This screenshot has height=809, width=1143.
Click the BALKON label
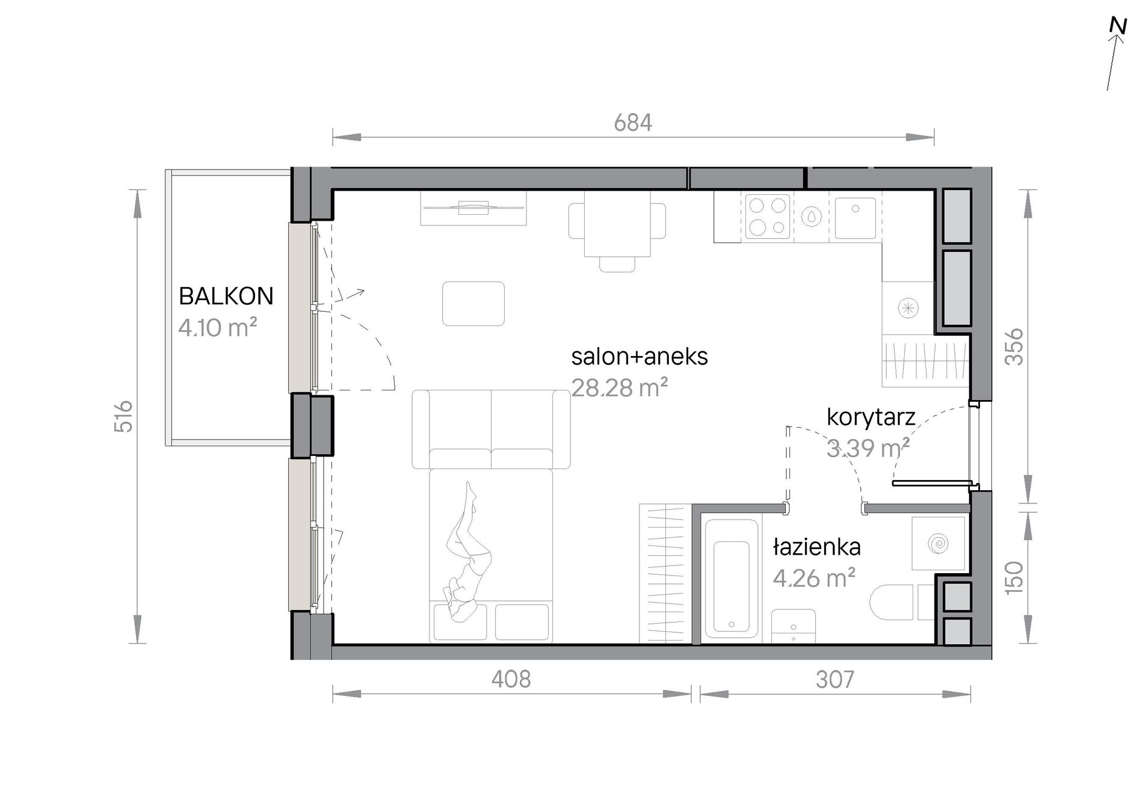226,296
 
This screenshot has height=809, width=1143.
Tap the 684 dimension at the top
633,123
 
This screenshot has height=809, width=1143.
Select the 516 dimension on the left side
123,416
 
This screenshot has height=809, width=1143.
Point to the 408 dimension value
511,679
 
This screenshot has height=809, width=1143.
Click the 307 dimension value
835,680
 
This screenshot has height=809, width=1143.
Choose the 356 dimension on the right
1015,346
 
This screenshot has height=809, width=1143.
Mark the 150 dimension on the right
1015,577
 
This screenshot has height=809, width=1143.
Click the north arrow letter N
1118,26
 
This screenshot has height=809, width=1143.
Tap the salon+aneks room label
639,357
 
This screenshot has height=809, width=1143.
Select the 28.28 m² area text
620,388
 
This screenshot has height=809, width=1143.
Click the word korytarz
871,417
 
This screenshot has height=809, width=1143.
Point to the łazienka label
817,547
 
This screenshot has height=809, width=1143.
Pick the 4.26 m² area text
814,578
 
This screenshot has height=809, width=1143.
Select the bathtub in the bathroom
732,578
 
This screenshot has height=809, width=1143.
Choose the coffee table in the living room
473,304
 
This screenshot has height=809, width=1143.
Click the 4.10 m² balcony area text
218,328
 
